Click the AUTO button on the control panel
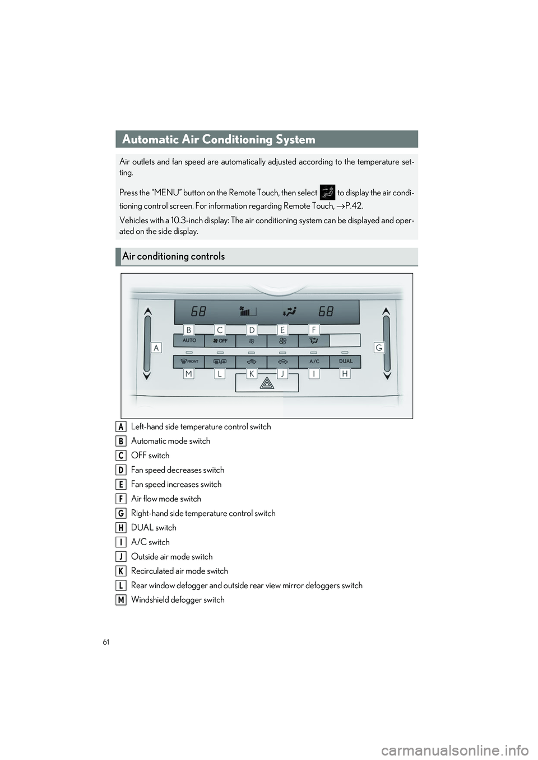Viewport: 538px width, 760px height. [189, 341]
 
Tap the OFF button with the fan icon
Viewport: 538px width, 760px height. [220, 341]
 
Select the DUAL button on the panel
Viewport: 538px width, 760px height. [345, 362]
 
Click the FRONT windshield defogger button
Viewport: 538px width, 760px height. [189, 362]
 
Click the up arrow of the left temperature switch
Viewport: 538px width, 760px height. [147, 311]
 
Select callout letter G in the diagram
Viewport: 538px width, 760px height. [379, 348]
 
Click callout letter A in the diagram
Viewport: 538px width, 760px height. [156, 348]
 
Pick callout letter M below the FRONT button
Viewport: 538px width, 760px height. [189, 374]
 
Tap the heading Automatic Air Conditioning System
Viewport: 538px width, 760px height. [219, 139]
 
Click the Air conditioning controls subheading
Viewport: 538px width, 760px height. [173, 256]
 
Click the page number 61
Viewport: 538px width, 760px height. [106, 642]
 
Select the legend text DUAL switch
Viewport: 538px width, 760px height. [154, 528]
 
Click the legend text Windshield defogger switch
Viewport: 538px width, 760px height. [178, 600]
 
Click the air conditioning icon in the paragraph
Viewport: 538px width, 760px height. [327, 193]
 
